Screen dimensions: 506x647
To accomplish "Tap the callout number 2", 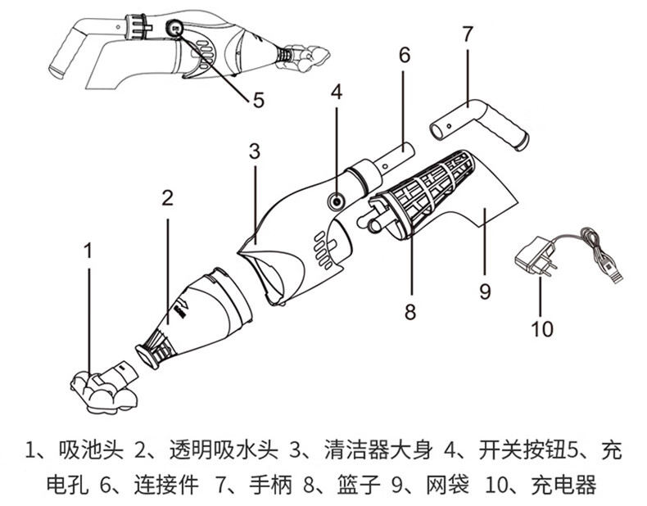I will coord(167,197).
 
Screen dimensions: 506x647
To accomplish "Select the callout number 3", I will coord(255,150).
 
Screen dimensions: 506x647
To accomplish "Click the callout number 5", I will coord(258,101).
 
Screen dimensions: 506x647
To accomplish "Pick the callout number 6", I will coord(404,56).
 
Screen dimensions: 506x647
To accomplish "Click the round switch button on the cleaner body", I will coord(337,201).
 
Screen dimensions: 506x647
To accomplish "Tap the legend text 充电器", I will coord(562,484).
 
